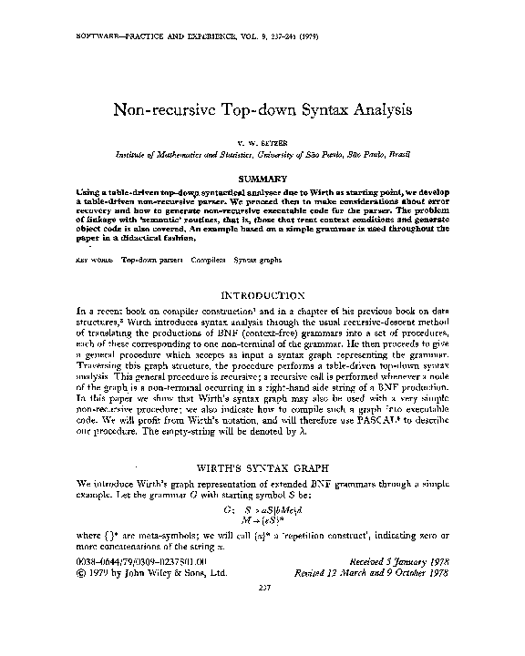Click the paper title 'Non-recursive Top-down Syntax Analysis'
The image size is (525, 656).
tap(262, 109)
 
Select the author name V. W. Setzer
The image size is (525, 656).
tap(262, 144)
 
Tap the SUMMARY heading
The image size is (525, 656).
tap(262, 179)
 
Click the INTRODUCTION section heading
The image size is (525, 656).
tap(262, 296)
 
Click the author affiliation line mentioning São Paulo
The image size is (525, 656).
tap(262, 156)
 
